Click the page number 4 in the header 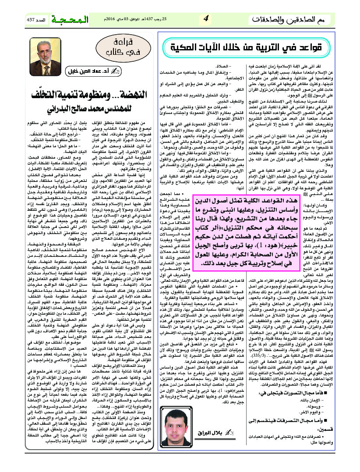(x=206, y=19)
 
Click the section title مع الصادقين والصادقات (x=294, y=20)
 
